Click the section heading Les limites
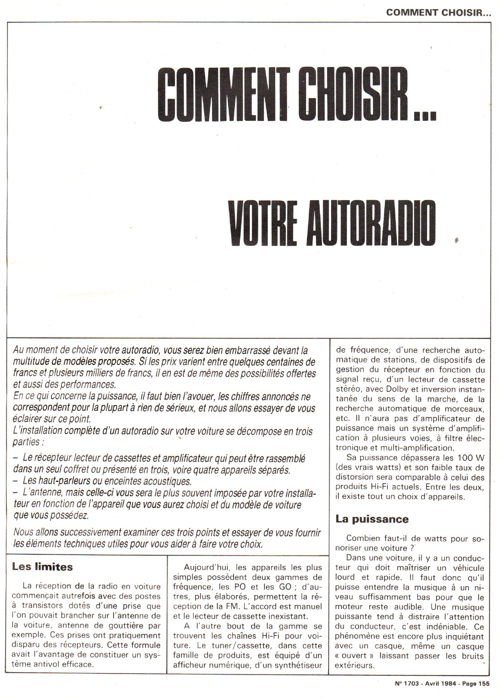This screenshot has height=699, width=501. point(42,567)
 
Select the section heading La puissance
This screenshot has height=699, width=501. point(372,519)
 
